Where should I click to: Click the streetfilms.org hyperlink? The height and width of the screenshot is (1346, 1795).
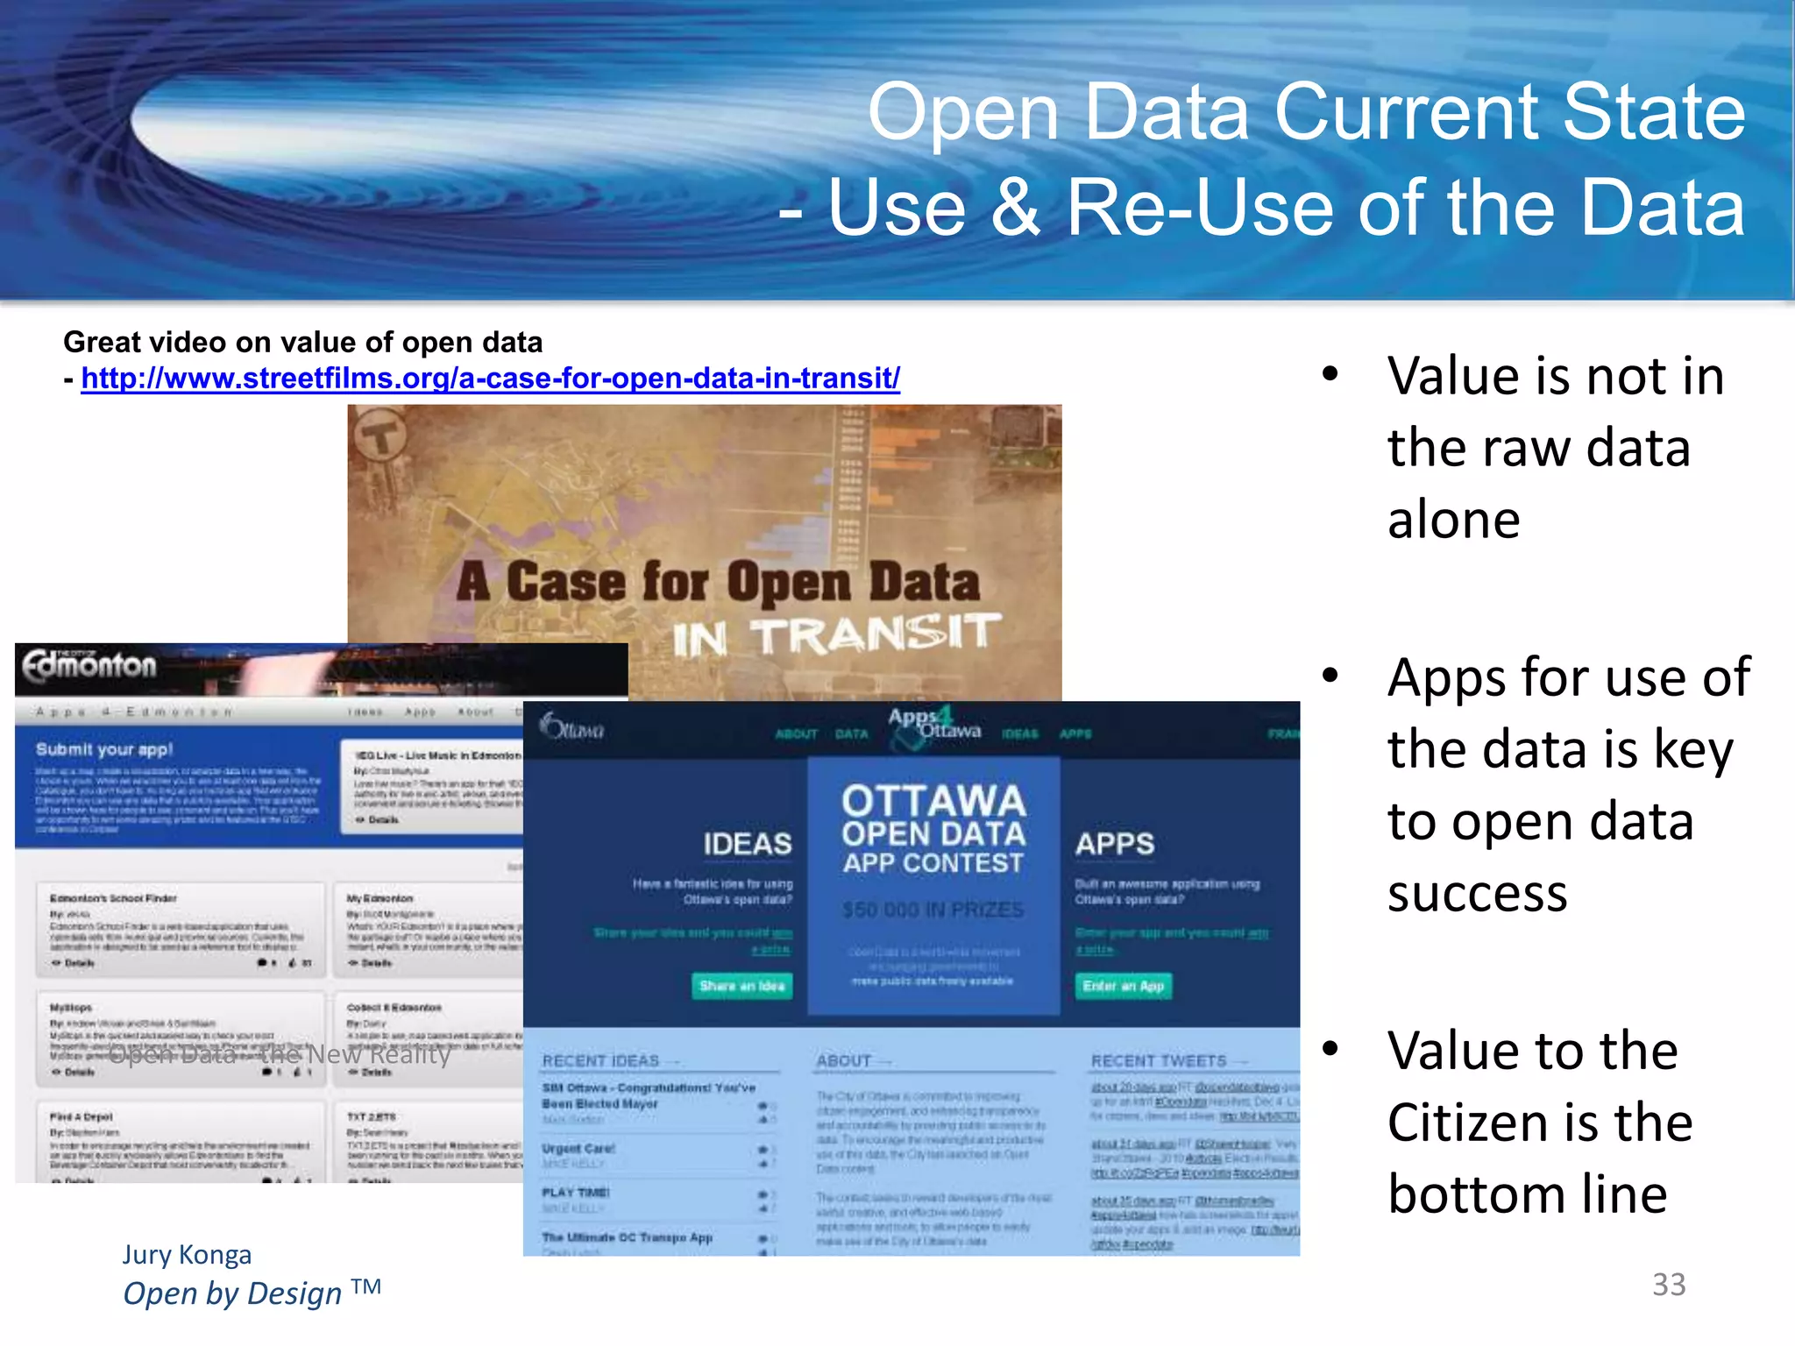point(490,379)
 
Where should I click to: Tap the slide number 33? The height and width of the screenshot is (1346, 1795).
point(1668,1285)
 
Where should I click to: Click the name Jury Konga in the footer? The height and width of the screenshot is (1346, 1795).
point(187,1255)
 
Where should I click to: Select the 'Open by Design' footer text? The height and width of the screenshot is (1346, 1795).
point(232,1293)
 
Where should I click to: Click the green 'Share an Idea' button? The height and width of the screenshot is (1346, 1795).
point(741,986)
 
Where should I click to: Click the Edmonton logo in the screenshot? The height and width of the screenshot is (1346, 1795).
point(89,667)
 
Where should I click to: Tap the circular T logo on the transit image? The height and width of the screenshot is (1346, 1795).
point(380,435)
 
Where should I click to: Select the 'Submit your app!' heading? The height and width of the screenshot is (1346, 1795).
point(104,749)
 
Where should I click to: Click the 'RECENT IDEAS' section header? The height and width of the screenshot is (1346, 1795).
point(600,1061)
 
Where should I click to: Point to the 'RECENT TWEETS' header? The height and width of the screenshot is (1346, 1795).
point(1158,1061)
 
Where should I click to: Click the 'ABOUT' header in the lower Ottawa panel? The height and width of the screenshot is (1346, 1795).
point(843,1061)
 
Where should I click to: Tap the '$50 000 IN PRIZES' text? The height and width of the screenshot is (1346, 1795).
point(933,910)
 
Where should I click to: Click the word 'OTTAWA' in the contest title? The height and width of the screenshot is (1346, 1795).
point(933,801)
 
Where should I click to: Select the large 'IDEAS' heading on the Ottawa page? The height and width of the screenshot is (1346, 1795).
point(747,844)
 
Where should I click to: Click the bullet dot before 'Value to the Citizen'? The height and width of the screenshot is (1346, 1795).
point(1330,1048)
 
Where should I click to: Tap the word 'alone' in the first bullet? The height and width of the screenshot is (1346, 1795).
point(1453,520)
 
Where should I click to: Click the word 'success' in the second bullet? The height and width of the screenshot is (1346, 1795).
point(1477,894)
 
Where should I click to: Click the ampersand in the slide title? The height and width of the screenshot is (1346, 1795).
point(1016,209)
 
